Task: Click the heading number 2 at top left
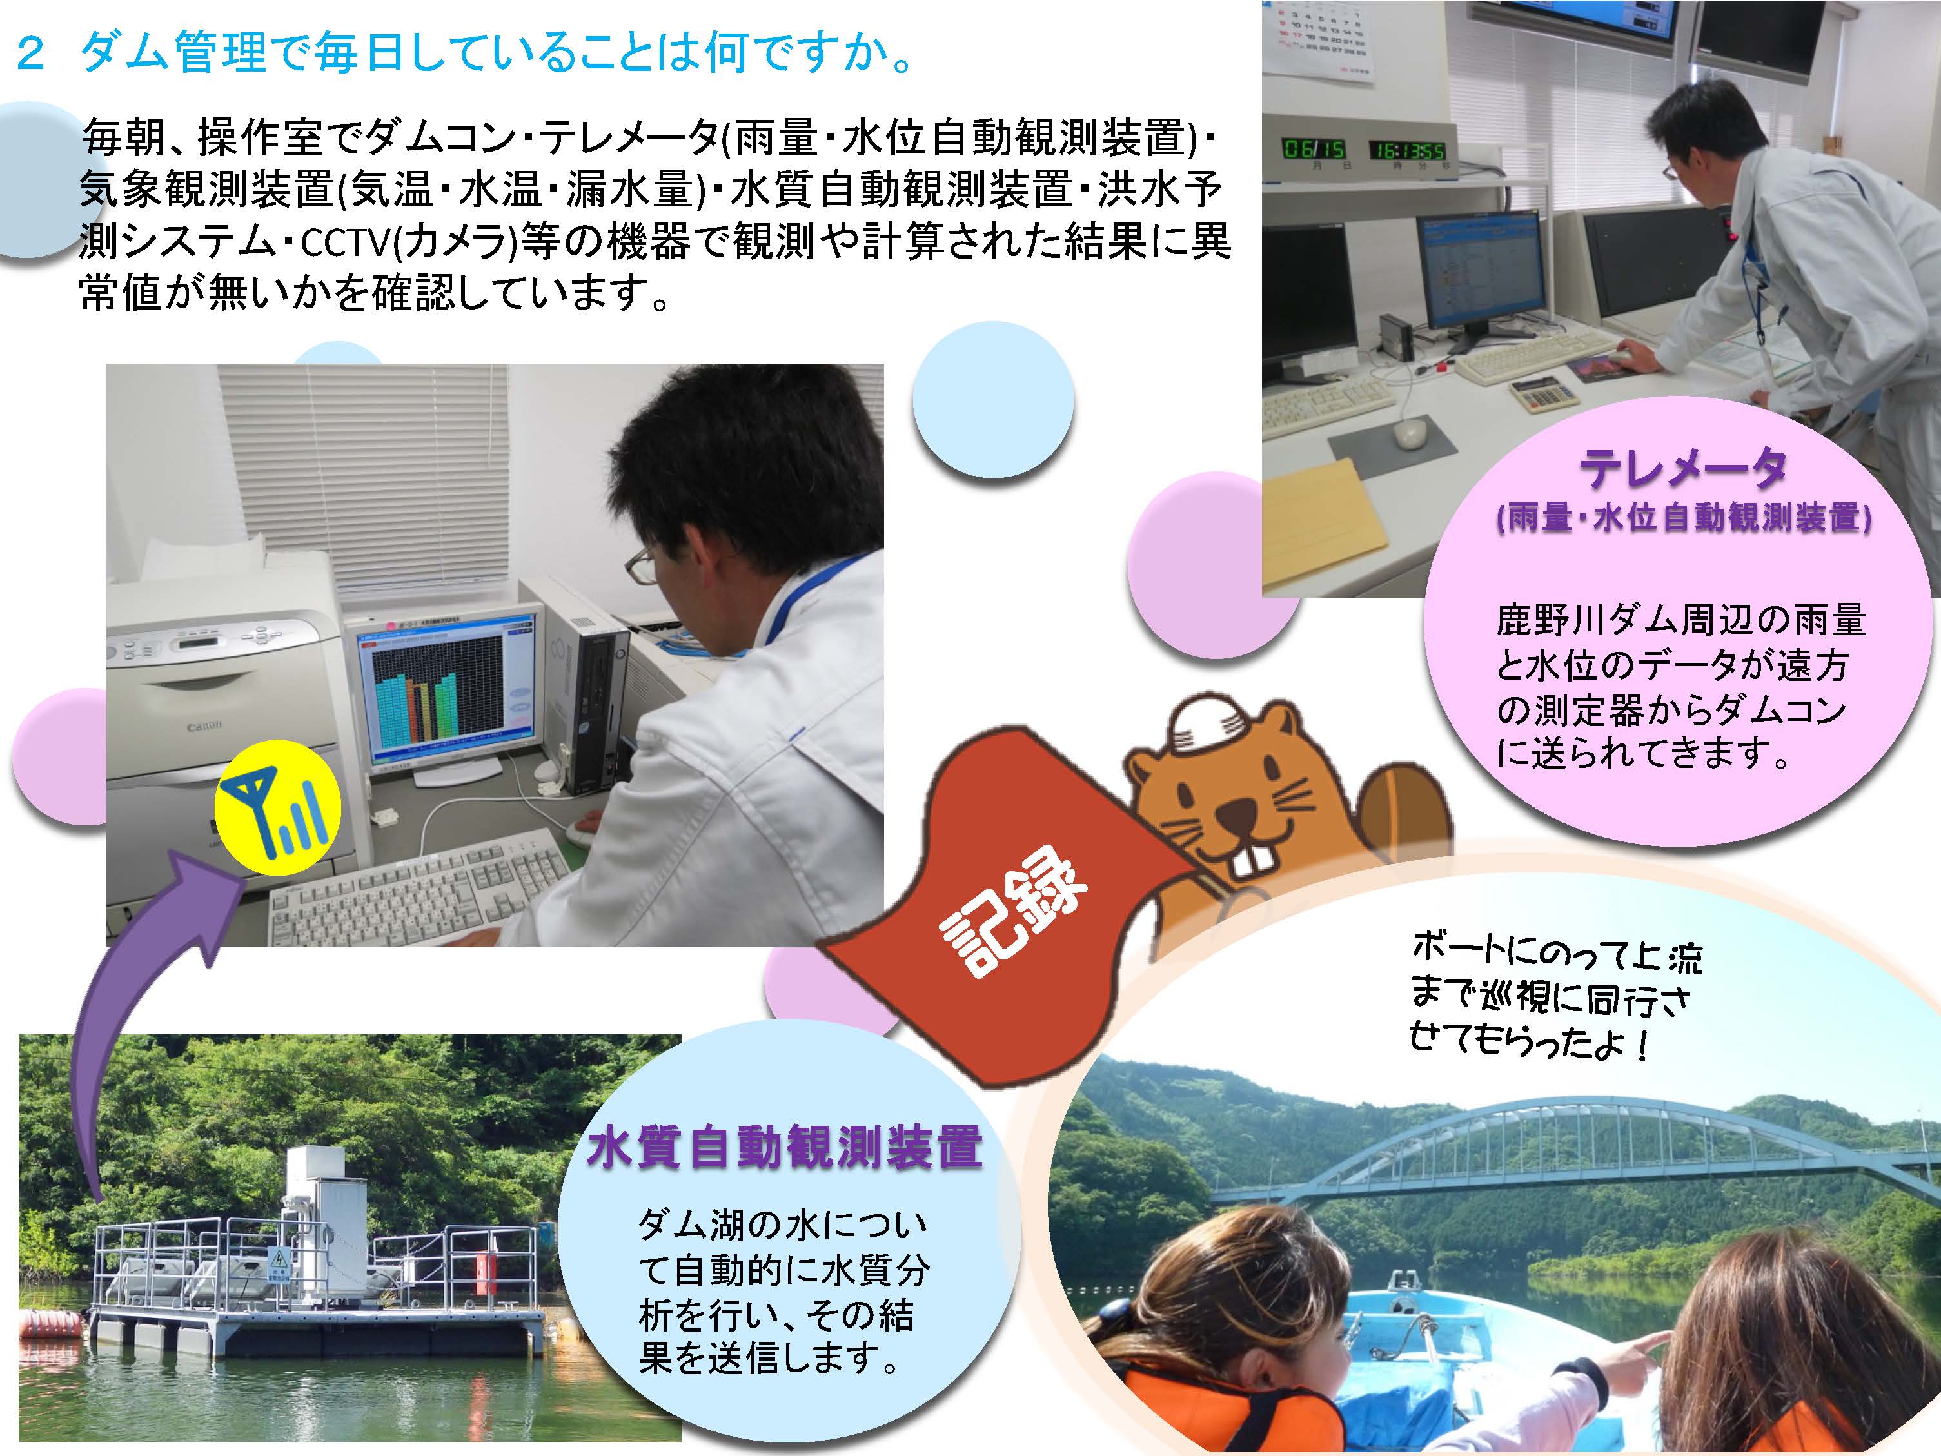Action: coord(31,54)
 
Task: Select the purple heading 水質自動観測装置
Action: coord(785,1147)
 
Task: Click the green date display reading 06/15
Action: coord(1314,148)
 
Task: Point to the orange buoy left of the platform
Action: coord(53,1323)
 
